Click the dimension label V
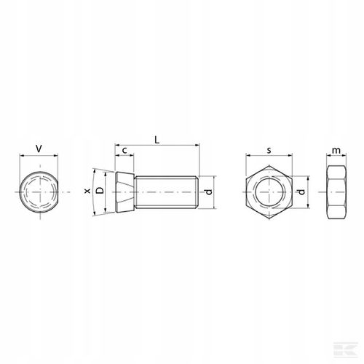[x=39, y=149]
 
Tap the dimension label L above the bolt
[x=157, y=140]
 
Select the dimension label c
[x=124, y=151]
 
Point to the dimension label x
[x=87, y=191]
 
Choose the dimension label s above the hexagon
[x=269, y=151]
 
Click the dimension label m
[x=336, y=151]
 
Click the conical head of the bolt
[x=124, y=191]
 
